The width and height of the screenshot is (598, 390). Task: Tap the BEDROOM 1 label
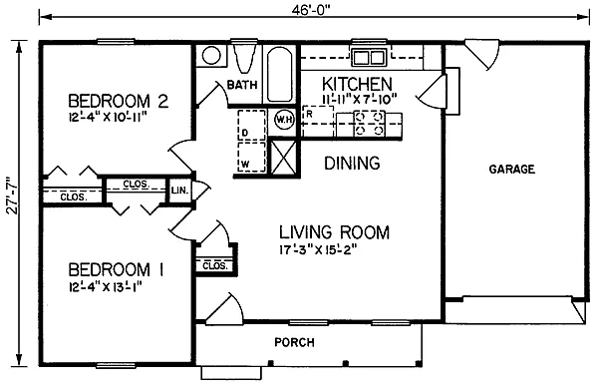pyautogui.click(x=116, y=269)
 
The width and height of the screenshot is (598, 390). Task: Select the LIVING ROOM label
pyautogui.click(x=333, y=232)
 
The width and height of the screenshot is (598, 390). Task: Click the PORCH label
pyautogui.click(x=294, y=343)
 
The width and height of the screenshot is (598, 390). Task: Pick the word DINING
pyautogui.click(x=353, y=164)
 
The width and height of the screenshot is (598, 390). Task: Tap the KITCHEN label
pyautogui.click(x=356, y=83)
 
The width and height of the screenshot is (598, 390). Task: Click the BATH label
pyautogui.click(x=242, y=86)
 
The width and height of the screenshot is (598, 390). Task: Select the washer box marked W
pyautogui.click(x=245, y=160)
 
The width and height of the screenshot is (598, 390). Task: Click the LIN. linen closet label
pyautogui.click(x=180, y=190)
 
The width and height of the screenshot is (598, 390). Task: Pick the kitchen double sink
pyautogui.click(x=366, y=57)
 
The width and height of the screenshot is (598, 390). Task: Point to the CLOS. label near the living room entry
pyautogui.click(x=213, y=266)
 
